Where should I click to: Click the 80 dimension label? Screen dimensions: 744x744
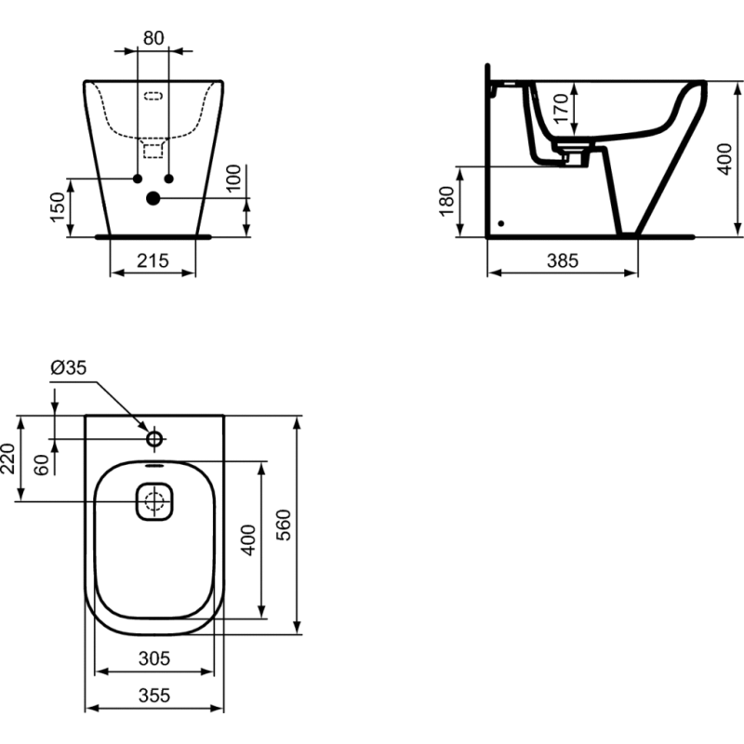(x=153, y=38)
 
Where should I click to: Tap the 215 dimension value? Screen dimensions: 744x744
(x=153, y=260)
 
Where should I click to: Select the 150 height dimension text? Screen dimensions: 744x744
(x=58, y=206)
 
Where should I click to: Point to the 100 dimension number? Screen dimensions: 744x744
(x=233, y=178)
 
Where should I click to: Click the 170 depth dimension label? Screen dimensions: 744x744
(x=561, y=108)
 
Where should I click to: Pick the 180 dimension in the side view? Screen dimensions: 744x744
(x=446, y=201)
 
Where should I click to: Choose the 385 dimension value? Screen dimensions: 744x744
(x=563, y=260)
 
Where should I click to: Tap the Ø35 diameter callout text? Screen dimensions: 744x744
(x=69, y=367)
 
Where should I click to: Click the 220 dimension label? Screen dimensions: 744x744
(x=8, y=458)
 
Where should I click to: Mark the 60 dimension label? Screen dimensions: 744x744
(x=42, y=465)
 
